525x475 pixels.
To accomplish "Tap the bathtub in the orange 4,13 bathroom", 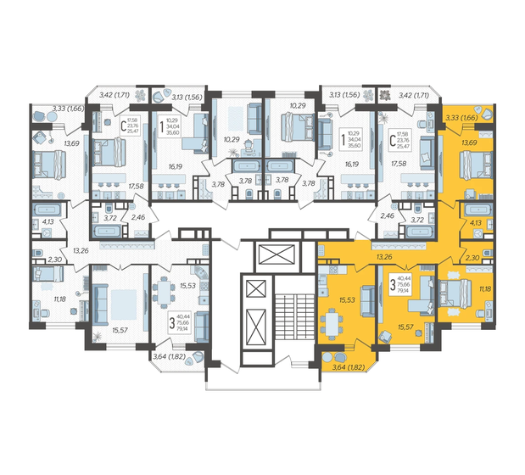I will point(480,210).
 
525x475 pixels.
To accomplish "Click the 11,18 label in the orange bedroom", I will point(484,290).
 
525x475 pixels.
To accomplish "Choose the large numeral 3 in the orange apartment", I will point(392,284).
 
